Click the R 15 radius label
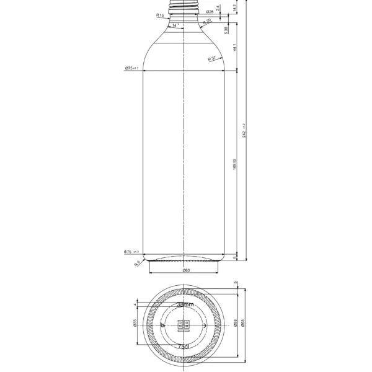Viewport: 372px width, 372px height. click(160, 15)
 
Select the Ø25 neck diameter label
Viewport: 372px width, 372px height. click(210, 12)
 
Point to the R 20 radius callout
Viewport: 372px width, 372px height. click(207, 22)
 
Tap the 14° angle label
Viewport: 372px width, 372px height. click(176, 25)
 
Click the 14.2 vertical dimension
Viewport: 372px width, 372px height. click(234, 8)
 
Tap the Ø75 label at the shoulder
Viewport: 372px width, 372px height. click(131, 68)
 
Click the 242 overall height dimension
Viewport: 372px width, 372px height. click(245, 130)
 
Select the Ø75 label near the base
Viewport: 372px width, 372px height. click(131, 252)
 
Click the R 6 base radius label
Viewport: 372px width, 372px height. click(137, 263)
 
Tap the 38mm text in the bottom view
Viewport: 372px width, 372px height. click(185, 305)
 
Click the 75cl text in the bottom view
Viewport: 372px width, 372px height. click(184, 347)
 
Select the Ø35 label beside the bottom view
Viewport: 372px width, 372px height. click(135, 324)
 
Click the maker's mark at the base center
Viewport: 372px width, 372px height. click(184, 325)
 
